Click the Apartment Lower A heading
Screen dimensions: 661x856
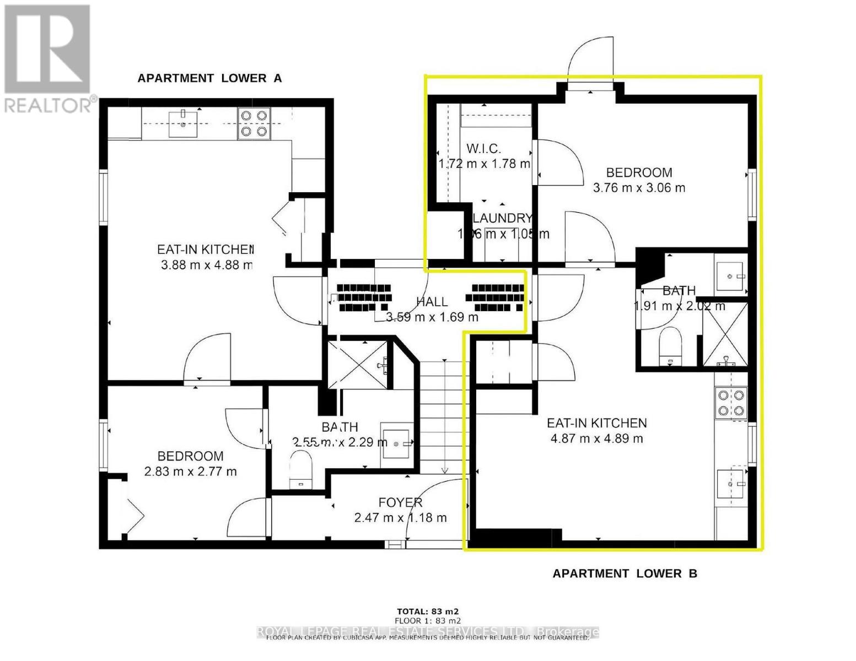[x=209, y=78]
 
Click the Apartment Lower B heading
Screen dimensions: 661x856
[x=624, y=573]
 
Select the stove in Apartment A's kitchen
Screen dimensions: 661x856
[x=253, y=123]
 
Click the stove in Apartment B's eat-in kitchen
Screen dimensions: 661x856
[x=730, y=403]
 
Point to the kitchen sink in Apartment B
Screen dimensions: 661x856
[x=731, y=483]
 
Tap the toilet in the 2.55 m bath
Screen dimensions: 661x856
[x=301, y=468]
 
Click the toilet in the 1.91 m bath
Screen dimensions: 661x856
[x=671, y=345]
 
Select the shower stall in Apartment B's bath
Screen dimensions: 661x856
[x=725, y=334]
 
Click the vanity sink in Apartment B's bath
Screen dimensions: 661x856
[x=731, y=273]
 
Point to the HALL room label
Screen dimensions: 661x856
[x=432, y=302]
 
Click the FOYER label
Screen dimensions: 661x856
[x=400, y=502]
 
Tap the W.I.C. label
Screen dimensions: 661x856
[x=483, y=149]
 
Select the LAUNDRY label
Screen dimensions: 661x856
[x=502, y=218]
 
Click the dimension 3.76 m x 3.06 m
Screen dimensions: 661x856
[x=639, y=188]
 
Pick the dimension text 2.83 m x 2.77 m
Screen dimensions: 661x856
[x=190, y=472]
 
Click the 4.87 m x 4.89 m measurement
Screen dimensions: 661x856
[x=596, y=438]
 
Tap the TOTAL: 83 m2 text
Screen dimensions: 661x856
[x=428, y=611]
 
